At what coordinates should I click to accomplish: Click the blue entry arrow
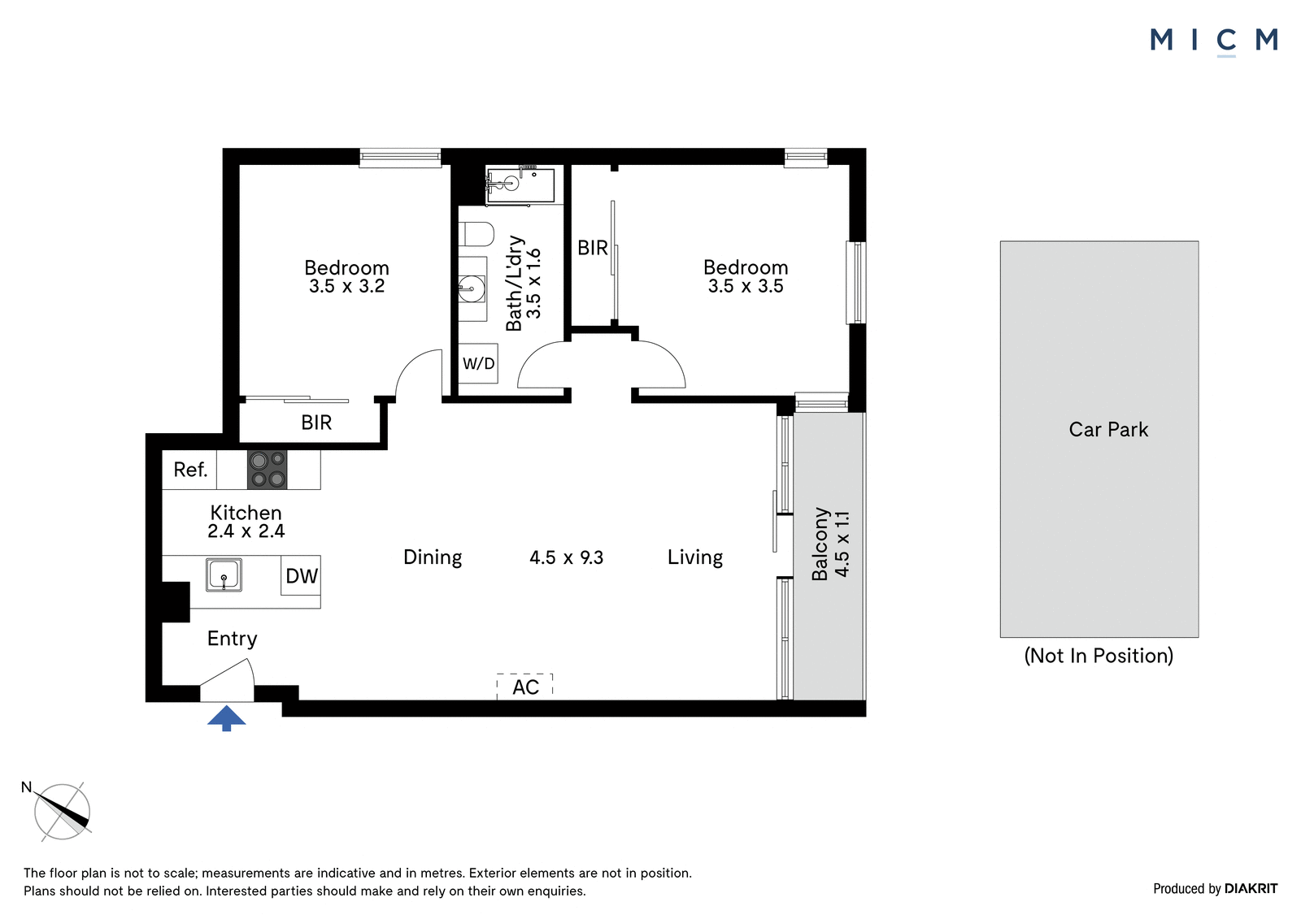227,718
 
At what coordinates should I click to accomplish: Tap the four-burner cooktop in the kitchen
268,470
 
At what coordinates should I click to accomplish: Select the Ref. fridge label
190,470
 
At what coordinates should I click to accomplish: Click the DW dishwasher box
301,575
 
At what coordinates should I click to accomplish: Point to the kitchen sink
224,575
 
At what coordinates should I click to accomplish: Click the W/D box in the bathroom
478,363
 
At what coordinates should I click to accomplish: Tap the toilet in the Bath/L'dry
476,234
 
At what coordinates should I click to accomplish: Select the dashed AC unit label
525,687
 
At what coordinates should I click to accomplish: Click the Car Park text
1108,429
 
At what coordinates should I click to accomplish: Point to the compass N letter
26,787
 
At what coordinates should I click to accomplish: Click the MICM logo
1214,41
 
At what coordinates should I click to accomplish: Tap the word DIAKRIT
1251,889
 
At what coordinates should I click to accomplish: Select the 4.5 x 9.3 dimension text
566,557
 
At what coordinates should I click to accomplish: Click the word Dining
433,557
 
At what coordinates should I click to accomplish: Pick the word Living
695,557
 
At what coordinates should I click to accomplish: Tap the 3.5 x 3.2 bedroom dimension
346,286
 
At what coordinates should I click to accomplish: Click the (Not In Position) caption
1099,656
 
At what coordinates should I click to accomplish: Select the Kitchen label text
246,513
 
